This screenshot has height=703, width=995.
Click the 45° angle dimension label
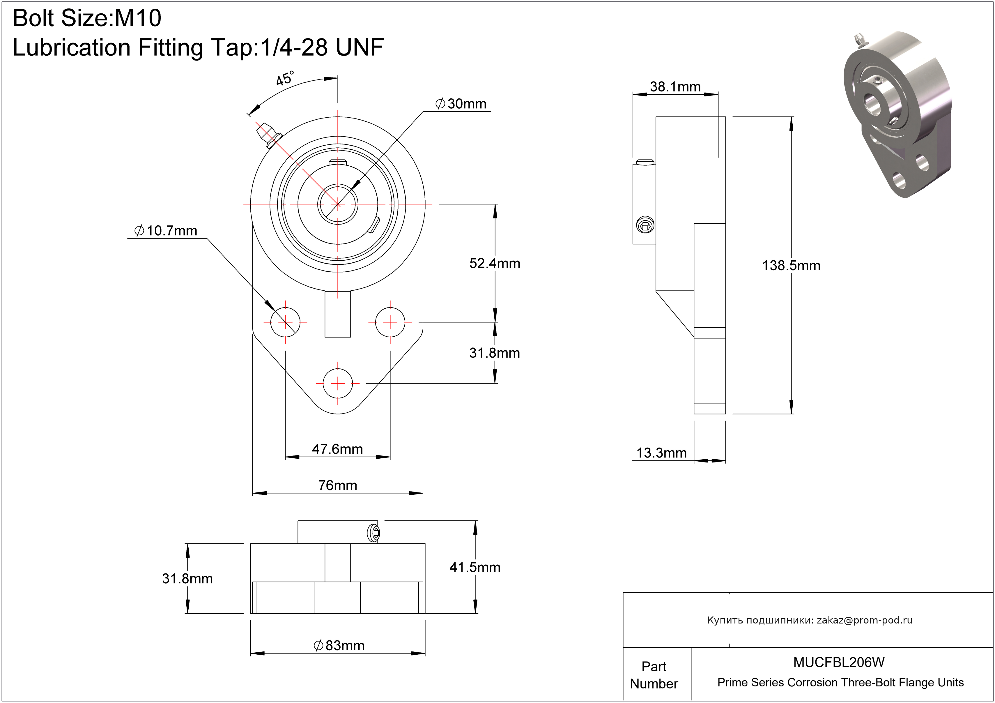pos(285,78)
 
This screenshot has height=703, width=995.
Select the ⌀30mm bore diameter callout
pos(461,104)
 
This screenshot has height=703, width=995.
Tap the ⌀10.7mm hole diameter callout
pos(166,231)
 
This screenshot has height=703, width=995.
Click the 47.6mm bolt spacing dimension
pos(337,449)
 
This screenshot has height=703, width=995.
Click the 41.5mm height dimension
pos(475,567)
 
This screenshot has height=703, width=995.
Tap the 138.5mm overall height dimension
pos(791,266)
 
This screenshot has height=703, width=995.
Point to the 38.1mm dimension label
pos(675,87)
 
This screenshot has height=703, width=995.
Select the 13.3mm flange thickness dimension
pos(661,453)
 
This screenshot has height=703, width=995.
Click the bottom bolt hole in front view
pos(338,383)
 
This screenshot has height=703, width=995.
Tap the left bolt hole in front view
pos(285,322)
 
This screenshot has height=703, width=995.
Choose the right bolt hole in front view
pos(390,322)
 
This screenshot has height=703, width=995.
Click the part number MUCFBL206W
pos(839,662)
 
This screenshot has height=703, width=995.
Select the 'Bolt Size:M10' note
pos(87,18)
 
